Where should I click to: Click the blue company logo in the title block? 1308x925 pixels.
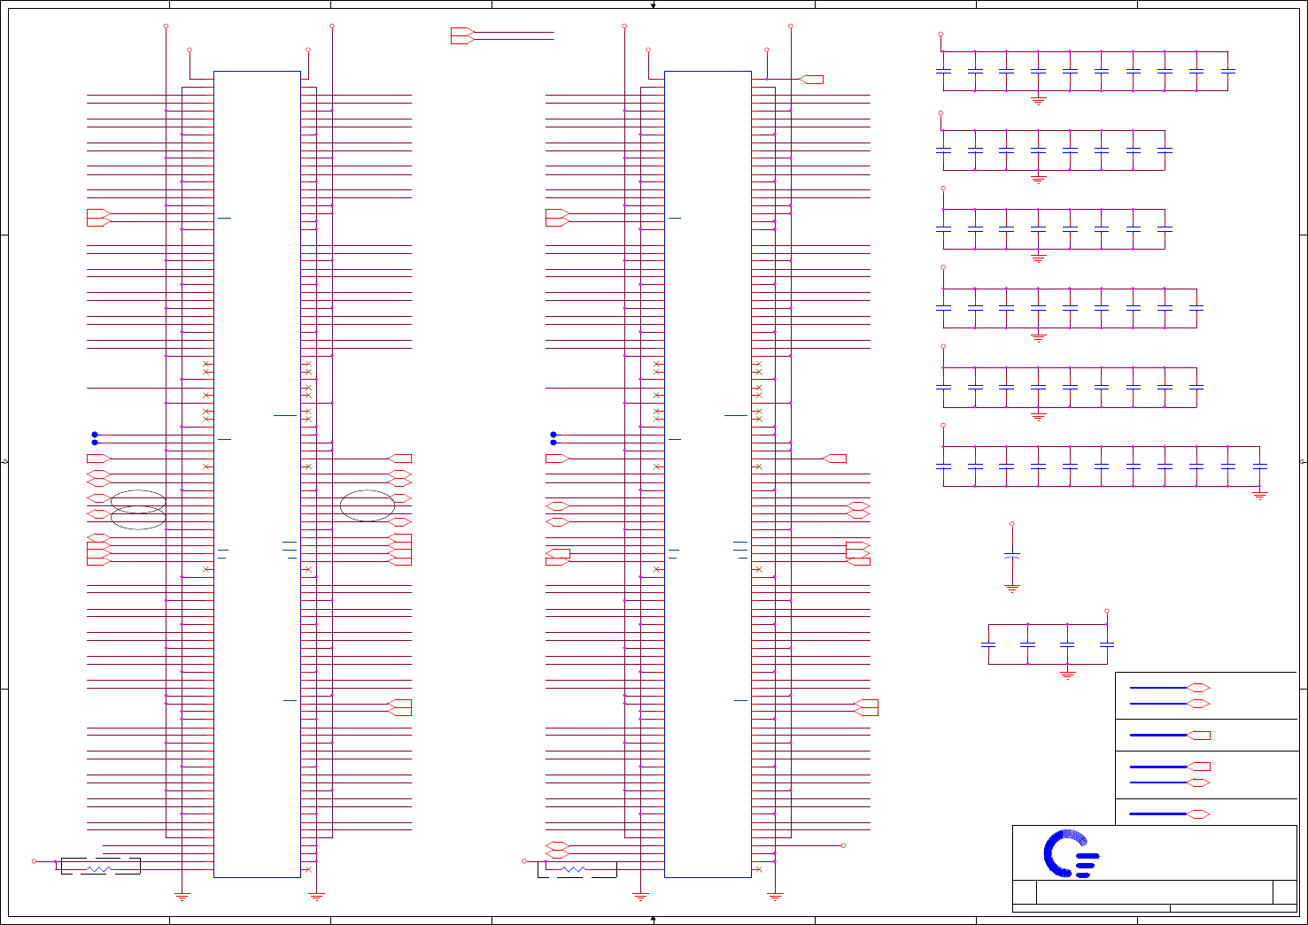pos(1070,854)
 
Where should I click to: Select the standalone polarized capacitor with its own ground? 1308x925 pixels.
pos(1012,556)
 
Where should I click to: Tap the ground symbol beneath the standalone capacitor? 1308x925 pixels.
pos(1012,588)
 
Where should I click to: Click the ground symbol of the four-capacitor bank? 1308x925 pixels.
pos(1067,675)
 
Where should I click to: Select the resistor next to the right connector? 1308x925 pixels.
pos(574,870)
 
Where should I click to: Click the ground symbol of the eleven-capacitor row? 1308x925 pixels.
pos(1260,497)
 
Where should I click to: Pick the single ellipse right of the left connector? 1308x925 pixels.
pos(368,505)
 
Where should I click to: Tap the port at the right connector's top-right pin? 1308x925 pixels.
pos(811,80)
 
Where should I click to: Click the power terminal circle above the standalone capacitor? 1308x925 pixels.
pos(1012,524)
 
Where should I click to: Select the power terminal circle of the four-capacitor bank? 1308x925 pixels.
pos(1107,611)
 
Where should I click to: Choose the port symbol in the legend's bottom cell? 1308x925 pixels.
pos(1198,813)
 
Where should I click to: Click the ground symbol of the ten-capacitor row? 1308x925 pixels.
pos(1039,101)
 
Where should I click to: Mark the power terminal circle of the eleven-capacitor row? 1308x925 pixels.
pos(943,426)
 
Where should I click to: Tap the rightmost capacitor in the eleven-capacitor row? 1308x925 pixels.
pos(1260,466)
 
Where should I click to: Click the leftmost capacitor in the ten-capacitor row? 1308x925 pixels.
pos(943,70)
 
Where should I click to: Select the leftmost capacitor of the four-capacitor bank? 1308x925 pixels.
pos(988,644)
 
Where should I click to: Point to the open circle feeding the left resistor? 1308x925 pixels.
pos(35,861)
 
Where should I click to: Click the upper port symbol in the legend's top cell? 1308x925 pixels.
pos(1198,688)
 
